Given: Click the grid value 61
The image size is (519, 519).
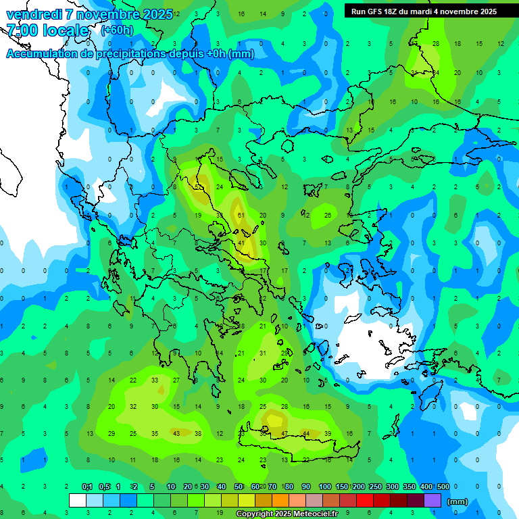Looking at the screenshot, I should (x=241, y=215).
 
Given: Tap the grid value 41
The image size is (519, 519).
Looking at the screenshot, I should (x=241, y=243).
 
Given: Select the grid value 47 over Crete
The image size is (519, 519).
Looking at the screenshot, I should (x=285, y=433).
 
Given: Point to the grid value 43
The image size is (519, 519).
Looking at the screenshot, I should (x=176, y=433).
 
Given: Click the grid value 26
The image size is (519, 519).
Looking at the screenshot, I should (x=328, y=215).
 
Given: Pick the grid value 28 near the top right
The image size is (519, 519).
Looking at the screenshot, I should (x=436, y=43).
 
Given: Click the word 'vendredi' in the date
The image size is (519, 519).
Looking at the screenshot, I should (x=34, y=14).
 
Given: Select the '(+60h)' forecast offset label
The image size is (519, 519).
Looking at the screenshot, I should (x=117, y=30).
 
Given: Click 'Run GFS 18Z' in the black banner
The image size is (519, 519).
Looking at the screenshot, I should (x=382, y=11).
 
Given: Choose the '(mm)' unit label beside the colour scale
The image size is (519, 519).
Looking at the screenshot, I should (x=458, y=501).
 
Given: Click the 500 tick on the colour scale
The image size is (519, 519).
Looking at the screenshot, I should (x=443, y=487).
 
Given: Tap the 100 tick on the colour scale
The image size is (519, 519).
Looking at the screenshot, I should (x=324, y=487).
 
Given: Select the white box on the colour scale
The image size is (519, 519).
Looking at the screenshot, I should (x=78, y=500).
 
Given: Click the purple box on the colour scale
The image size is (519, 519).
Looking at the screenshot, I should (x=432, y=500).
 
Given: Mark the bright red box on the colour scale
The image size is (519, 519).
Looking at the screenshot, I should (x=365, y=500).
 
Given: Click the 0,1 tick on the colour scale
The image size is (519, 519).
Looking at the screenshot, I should (x=87, y=487).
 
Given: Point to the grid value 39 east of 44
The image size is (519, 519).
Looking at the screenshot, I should (x=328, y=433).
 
